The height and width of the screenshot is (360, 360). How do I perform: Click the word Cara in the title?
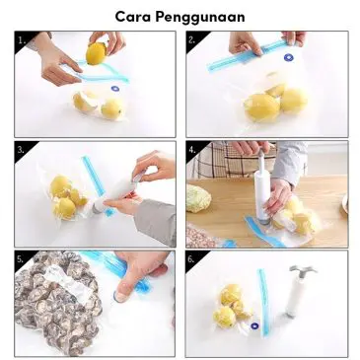point(133,17)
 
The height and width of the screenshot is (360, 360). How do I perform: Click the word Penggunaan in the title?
point(200,18)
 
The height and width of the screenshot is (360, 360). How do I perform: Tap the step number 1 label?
point(22,40)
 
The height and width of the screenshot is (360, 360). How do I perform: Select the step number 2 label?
point(191,40)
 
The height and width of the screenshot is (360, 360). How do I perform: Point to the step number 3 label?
point(21,150)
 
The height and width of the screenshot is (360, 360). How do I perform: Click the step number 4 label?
point(192,150)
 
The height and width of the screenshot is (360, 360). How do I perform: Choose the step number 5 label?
point(20,259)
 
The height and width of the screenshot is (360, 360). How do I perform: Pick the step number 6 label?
point(191,259)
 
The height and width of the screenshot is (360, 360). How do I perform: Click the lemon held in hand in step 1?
point(96,53)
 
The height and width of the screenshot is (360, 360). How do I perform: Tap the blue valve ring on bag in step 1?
point(115,89)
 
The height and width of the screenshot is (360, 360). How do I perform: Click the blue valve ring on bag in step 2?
point(288,58)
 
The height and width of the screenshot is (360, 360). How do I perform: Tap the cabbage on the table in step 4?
point(199,198)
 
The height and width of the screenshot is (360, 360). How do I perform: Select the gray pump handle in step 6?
point(303,272)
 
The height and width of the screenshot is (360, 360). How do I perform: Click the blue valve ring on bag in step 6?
point(254,327)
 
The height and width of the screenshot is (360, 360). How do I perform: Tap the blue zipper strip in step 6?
point(264,303)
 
